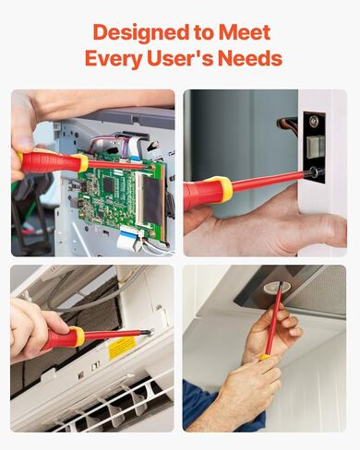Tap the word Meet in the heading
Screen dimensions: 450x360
tap(245, 33)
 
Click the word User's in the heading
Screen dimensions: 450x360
tap(189, 59)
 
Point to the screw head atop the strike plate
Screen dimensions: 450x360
tap(315, 121)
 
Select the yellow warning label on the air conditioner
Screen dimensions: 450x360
tap(121, 348)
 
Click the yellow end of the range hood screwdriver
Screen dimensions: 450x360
tap(265, 357)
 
